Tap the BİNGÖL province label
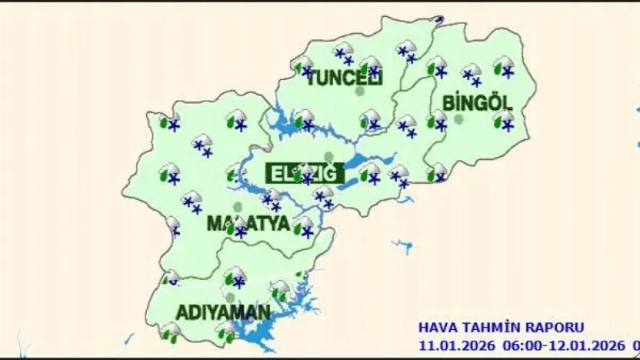[x=477, y=102]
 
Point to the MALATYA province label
[x=248, y=225]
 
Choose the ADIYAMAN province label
[x=223, y=313]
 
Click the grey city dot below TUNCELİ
[x=360, y=92]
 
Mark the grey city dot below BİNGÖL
[x=459, y=119]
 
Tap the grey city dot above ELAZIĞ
[x=329, y=157]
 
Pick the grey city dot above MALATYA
[x=238, y=208]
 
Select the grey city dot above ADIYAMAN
[x=230, y=297]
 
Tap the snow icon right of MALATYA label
[x=304, y=227]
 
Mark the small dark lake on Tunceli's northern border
[x=439, y=19]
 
